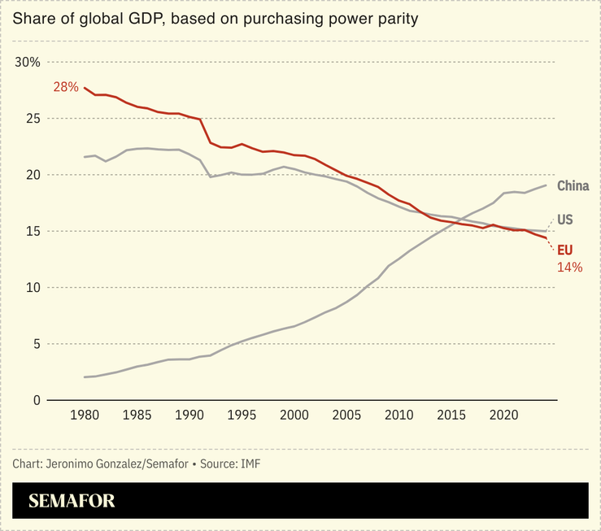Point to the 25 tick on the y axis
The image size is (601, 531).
coord(32,119)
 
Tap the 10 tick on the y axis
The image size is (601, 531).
coord(32,288)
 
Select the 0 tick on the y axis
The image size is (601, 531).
coord(36,401)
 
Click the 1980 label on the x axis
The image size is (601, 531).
coord(85,416)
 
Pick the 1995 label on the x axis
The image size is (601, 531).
coord(242,416)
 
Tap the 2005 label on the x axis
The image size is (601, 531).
coord(347,416)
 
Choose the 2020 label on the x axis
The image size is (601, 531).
coord(504,416)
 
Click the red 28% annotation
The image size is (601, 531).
coord(65,87)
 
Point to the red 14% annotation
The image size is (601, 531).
coord(569,267)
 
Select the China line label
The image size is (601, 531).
coord(573,186)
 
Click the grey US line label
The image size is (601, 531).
coord(565,220)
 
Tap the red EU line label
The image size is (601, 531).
coord(564,250)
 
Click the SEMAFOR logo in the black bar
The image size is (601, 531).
coord(72,501)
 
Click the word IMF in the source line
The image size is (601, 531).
coord(250,464)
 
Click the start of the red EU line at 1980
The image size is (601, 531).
coord(85,87)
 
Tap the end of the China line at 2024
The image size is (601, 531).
coord(546,185)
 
